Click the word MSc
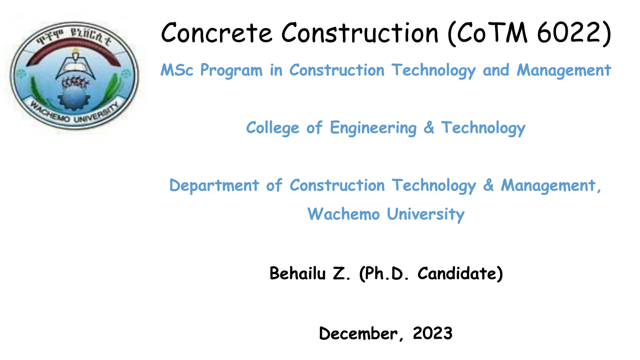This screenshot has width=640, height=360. pos(177,70)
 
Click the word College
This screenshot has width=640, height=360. pos(272,128)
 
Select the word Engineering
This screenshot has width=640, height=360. pos(373,128)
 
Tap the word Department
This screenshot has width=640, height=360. pos(214,186)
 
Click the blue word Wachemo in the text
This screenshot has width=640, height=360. pos(343,214)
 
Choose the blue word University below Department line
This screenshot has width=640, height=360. pos(426,214)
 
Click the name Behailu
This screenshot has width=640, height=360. pos(297,273)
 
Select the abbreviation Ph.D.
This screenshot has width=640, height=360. pos(387,273)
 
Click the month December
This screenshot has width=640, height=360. pos(358,333)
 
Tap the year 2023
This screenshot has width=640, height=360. pos(432,333)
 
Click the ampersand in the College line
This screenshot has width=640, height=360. pos(429,127)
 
